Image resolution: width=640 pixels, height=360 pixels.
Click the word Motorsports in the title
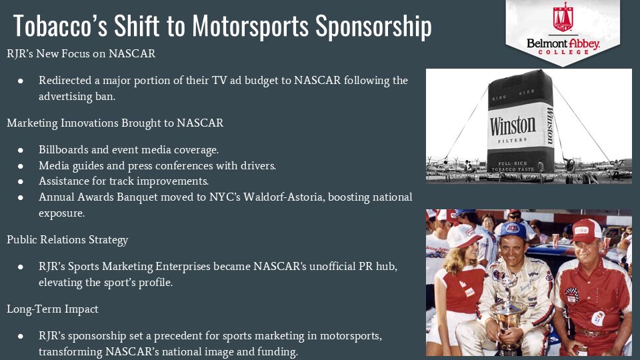click(x=250, y=27)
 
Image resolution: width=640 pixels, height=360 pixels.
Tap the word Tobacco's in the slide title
click(x=61, y=26)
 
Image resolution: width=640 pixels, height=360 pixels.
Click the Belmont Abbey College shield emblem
click(x=563, y=17)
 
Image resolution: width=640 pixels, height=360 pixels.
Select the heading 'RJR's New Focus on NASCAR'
click(x=81, y=54)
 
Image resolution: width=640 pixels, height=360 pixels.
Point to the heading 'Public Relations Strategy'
click(x=67, y=240)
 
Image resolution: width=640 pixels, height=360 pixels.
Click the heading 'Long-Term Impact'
click(x=52, y=309)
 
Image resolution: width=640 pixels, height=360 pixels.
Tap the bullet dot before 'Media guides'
click(x=21, y=166)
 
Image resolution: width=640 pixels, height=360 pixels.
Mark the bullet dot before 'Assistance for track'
click(x=21, y=181)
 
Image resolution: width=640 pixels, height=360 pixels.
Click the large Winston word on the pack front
click(x=513, y=126)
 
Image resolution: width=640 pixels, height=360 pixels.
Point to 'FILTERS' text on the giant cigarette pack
click(x=513, y=141)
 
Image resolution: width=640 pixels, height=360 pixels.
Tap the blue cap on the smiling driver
click(x=513, y=230)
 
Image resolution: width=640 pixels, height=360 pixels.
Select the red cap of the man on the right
click(x=587, y=230)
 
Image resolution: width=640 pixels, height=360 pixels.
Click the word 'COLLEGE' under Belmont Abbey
click(x=563, y=53)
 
